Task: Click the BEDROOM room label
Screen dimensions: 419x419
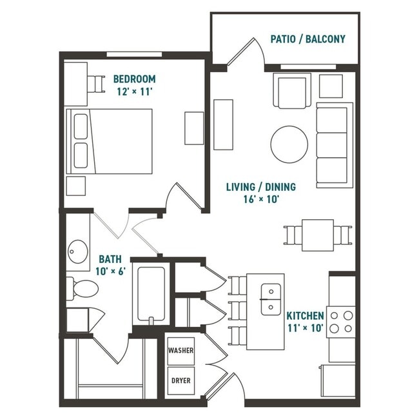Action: coord(134,79)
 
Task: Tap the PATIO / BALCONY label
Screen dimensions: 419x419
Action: coord(307,39)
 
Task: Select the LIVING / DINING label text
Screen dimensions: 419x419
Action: coord(260,187)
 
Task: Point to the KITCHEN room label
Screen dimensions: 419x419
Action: coord(305,316)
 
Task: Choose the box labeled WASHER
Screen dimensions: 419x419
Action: coord(180,351)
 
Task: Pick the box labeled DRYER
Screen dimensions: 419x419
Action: coord(180,380)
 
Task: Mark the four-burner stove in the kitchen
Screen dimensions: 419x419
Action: coord(342,321)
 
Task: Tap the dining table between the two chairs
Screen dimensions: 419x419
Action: coord(318,235)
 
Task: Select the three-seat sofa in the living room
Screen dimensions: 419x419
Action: coord(333,144)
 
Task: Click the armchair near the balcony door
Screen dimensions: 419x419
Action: coord(292,90)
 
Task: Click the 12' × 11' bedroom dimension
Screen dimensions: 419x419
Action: coord(134,92)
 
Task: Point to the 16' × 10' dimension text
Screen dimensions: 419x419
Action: coord(260,199)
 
